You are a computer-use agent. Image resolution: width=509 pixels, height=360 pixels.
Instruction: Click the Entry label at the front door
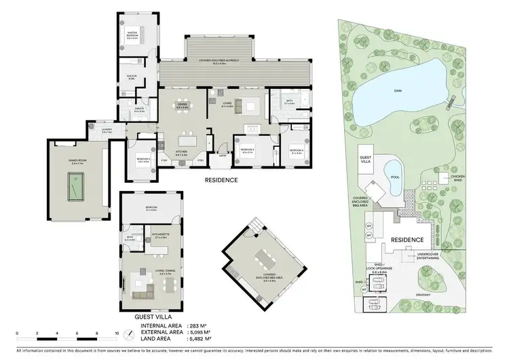point(223,155)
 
